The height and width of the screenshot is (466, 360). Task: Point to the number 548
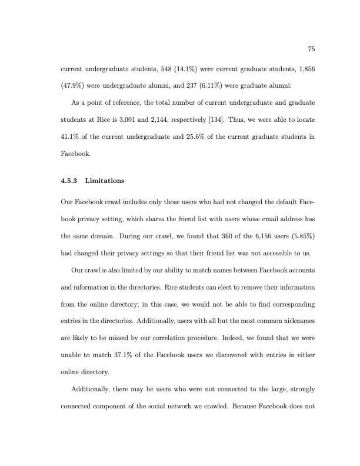coord(154,69)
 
